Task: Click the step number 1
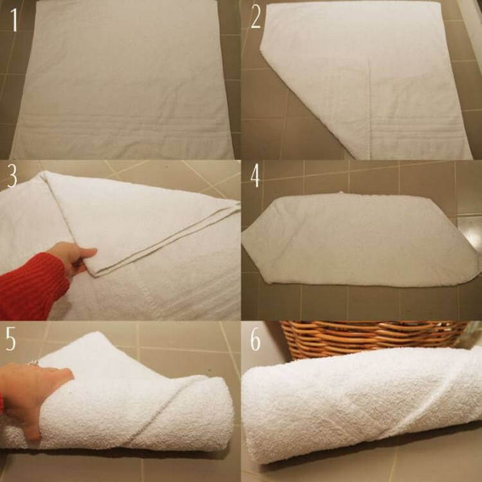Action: pyautogui.click(x=14, y=20)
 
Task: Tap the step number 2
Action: pyautogui.click(x=256, y=17)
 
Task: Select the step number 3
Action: pyautogui.click(x=12, y=176)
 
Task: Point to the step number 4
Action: pyautogui.click(x=255, y=176)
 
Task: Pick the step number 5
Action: pyautogui.click(x=11, y=338)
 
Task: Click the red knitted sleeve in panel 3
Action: pyautogui.click(x=31, y=286)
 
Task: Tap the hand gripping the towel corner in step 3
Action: pyautogui.click(x=74, y=258)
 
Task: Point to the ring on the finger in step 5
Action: pyautogui.click(x=33, y=363)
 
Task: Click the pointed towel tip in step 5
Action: pyautogui.click(x=98, y=333)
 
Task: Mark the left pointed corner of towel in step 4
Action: pyautogui.click(x=244, y=236)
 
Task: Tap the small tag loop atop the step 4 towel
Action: pyautogui.click(x=341, y=193)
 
